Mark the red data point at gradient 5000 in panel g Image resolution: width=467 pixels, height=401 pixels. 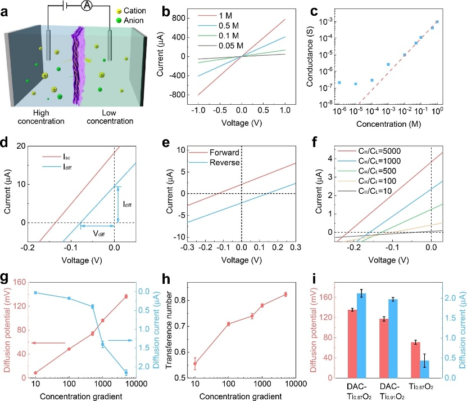click(126, 296)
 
